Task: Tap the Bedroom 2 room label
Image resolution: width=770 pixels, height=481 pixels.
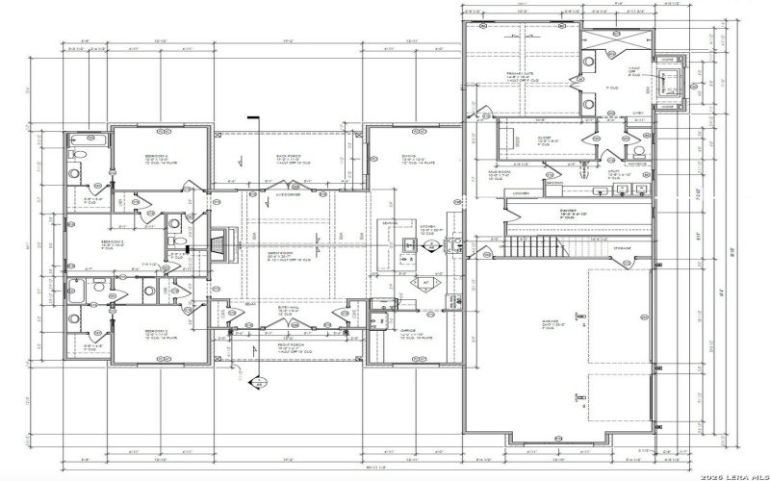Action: (157, 332)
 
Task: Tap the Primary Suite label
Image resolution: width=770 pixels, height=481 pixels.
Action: (520, 73)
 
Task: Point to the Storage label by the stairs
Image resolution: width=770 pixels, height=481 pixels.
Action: (623, 248)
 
